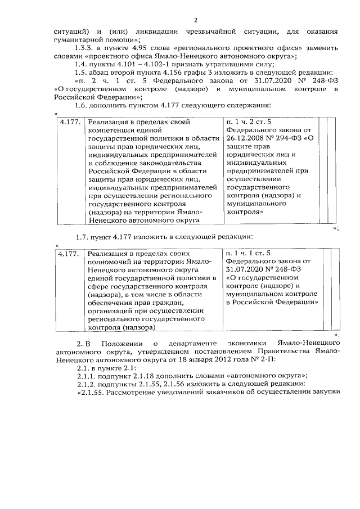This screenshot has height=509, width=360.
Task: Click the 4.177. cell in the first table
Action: [70, 121]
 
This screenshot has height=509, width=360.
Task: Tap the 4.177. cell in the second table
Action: [70, 254]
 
